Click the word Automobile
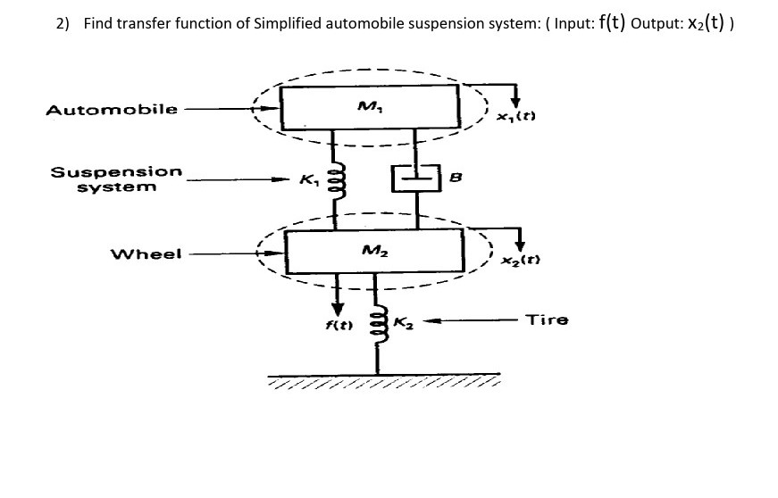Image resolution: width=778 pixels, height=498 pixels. click(x=112, y=111)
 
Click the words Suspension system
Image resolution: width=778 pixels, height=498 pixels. click(x=116, y=178)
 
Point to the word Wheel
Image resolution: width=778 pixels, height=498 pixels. click(x=146, y=253)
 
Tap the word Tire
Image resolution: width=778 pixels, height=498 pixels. click(x=547, y=319)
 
